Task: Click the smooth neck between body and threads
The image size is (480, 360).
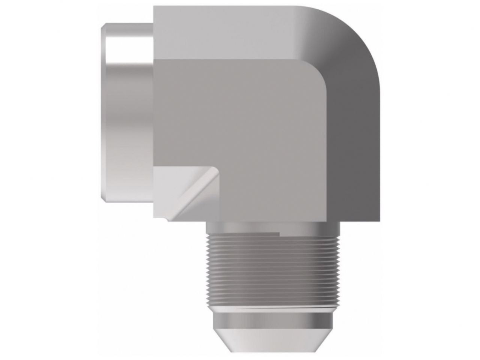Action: coord(273,227)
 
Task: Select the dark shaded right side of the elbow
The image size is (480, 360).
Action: coord(357,150)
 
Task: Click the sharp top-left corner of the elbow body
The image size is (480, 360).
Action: coord(153,7)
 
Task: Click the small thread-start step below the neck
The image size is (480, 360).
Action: coord(280,235)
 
